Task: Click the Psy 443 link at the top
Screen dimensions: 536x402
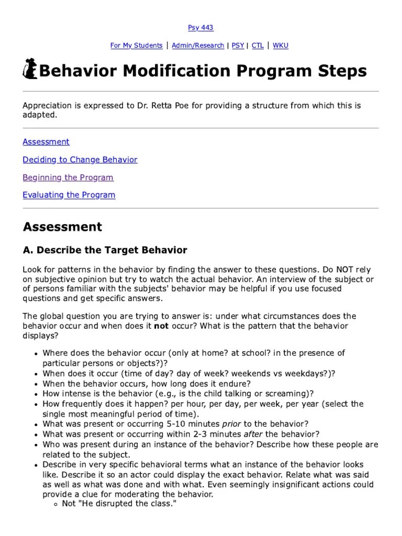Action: (x=200, y=28)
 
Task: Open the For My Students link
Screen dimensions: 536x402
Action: (x=136, y=46)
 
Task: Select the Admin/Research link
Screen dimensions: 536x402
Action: (x=198, y=46)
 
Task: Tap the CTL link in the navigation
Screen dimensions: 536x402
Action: (x=258, y=46)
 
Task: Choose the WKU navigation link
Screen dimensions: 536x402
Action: (x=280, y=46)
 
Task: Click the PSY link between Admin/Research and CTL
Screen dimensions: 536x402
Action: (x=238, y=46)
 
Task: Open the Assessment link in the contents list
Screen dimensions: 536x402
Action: (x=46, y=142)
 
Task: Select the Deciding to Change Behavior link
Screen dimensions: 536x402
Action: (x=80, y=160)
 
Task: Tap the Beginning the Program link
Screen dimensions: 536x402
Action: (x=68, y=177)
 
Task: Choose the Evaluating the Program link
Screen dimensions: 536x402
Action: (x=69, y=195)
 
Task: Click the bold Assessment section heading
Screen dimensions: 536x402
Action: (x=62, y=227)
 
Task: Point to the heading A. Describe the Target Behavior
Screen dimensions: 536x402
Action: (x=105, y=250)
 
